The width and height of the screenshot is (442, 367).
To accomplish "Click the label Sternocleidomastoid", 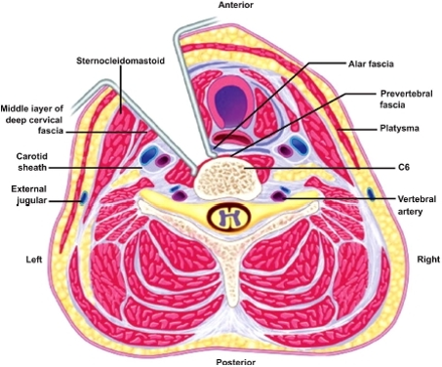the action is point(120,61).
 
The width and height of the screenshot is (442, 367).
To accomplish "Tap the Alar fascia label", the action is point(371,63).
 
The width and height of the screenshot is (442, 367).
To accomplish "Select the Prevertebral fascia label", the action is point(407,100).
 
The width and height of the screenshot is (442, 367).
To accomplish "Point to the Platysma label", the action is point(399,128).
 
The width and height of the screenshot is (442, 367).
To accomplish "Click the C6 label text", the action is point(404,167).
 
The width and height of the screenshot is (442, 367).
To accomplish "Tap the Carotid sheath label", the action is point(32,162).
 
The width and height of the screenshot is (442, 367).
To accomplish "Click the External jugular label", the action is point(29,194).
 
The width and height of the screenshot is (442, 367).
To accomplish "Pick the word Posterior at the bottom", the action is point(235,362).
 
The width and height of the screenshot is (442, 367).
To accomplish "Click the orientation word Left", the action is point(34,260).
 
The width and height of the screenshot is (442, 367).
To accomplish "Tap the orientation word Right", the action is point(428,260).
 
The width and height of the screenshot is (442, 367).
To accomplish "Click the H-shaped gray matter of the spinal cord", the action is point(229,217).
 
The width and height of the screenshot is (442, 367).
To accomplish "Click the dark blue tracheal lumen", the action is point(230,101).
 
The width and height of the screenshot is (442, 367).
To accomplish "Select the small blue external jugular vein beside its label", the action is point(84,197).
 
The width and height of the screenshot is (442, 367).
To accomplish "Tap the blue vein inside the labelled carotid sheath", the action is point(148,155).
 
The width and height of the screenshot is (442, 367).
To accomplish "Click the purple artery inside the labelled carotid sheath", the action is point(163,160).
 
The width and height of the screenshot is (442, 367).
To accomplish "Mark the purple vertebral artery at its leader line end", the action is point(279,196).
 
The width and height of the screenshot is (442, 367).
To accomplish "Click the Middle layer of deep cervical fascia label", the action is point(32,120).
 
